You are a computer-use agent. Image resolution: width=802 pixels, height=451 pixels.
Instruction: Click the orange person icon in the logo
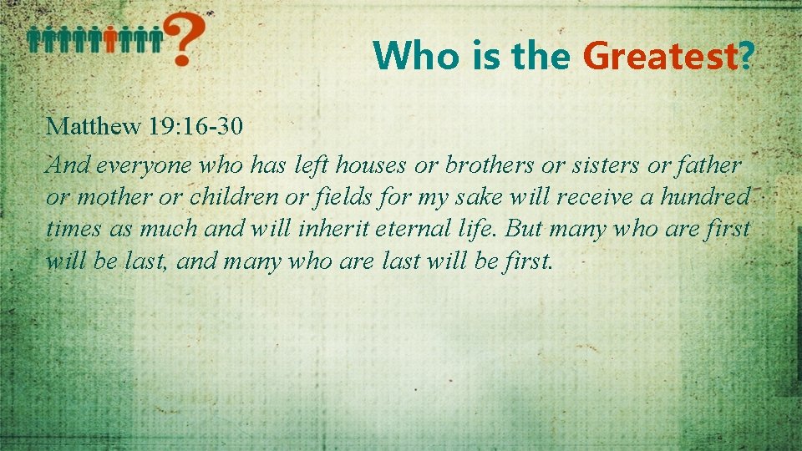109,38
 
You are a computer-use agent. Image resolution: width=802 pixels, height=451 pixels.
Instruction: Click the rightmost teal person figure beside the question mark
156,38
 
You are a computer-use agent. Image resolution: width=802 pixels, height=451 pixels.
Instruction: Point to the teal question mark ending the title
747,57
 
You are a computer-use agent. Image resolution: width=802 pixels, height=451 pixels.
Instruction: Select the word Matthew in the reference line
93,127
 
